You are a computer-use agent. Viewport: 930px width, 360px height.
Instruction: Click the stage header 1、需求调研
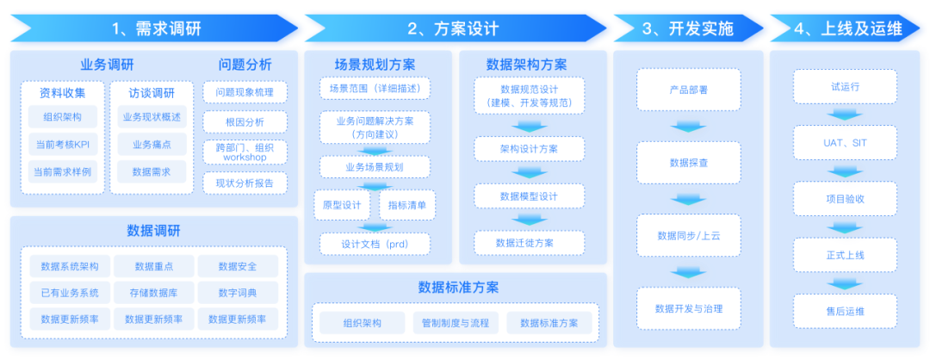coord(156,28)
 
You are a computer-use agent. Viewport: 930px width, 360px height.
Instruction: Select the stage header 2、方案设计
coord(453,28)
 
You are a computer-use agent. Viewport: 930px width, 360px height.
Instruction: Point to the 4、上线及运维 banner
coord(848,28)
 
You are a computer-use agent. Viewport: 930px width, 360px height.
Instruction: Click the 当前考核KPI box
coord(63,144)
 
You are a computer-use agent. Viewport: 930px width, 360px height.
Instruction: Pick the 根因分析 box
coord(245,122)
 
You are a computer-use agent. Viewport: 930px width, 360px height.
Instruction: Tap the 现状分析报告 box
coord(245,183)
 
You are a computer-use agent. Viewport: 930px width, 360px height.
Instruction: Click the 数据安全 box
coord(239,266)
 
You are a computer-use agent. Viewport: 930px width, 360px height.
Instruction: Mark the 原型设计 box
coord(341,205)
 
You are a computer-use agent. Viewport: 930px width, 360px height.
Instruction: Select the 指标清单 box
coord(407,205)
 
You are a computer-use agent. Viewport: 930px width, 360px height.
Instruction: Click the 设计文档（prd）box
coord(375,244)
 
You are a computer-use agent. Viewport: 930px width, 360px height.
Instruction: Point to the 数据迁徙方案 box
coord(529,243)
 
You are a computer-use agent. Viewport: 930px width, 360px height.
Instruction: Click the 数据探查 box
coord(688,162)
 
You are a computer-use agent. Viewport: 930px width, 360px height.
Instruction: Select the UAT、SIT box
coord(845,143)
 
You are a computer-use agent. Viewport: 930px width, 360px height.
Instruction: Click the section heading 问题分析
coord(245,65)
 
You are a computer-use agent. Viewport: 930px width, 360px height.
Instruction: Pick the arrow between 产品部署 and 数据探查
coord(688,127)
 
